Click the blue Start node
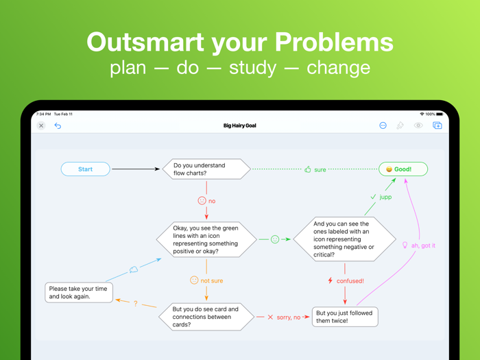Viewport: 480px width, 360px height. coord(85,169)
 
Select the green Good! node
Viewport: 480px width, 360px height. coord(403,169)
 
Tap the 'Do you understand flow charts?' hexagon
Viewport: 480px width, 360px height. coord(206,169)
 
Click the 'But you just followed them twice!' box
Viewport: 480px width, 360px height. coord(345,317)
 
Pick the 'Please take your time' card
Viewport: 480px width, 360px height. coord(79,293)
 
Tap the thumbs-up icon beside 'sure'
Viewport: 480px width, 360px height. coord(308,169)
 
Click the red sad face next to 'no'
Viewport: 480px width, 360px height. coord(202,201)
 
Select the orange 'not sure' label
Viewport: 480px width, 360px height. coord(211,280)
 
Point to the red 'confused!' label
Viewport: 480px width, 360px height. coord(350,280)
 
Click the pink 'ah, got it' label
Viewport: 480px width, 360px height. coord(423,245)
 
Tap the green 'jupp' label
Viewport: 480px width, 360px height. coord(385,197)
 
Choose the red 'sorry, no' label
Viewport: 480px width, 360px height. coord(289,317)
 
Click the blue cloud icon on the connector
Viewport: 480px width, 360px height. coord(134,270)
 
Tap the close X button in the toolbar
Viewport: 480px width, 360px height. coord(41,125)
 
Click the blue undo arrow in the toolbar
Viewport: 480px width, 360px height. coord(58,125)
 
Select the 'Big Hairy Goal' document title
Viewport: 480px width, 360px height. coord(240,125)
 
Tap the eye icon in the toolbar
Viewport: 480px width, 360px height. coord(418,125)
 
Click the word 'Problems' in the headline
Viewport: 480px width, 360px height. coord(340,43)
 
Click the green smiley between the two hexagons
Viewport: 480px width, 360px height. coord(275,239)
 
